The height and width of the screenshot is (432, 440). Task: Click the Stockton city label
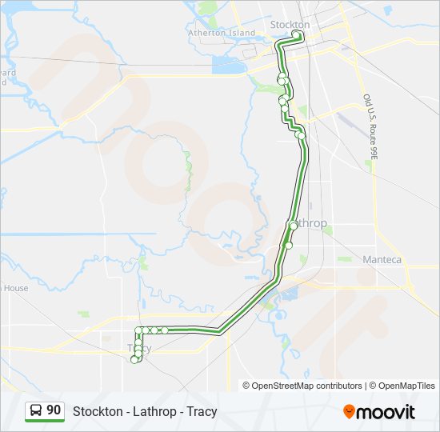290,25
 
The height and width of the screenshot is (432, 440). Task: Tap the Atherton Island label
222,34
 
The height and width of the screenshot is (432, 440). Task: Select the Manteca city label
382,260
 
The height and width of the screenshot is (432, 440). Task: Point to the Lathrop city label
308,223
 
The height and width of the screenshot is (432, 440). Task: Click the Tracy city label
138,348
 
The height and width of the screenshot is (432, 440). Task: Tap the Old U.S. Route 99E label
370,127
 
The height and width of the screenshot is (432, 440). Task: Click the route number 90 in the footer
54,410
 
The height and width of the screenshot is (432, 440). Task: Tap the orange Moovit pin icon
350,412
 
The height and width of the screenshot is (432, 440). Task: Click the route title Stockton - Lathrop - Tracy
145,412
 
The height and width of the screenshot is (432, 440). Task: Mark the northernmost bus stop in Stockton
298,34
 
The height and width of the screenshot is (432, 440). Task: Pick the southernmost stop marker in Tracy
134,360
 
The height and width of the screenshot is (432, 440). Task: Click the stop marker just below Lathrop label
289,246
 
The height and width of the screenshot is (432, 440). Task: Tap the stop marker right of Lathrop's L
294,226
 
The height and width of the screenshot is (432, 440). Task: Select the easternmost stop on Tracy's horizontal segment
165,330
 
